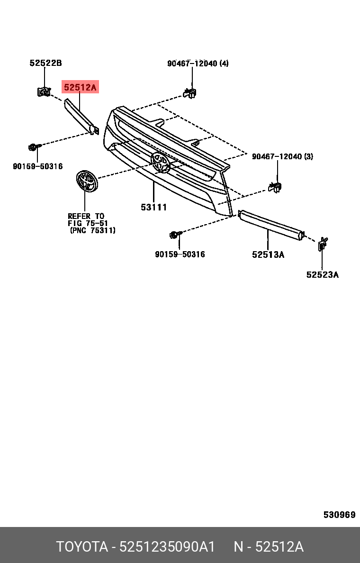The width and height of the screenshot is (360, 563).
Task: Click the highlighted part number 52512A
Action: (x=80, y=87)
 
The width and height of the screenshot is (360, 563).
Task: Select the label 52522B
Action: (x=45, y=63)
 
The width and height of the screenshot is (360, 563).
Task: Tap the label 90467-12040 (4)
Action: (x=198, y=64)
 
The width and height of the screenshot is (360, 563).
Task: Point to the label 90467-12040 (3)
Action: (x=282, y=157)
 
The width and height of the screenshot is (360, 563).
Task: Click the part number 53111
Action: (x=154, y=207)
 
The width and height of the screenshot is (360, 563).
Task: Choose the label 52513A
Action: (x=268, y=255)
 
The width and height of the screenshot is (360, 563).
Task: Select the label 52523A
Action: (x=322, y=274)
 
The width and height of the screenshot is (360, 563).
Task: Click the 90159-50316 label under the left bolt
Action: (x=38, y=166)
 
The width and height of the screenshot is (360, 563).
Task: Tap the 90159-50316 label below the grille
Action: (x=180, y=254)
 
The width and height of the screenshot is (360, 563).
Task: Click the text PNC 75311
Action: (x=93, y=230)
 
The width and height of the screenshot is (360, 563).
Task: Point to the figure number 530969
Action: (x=339, y=515)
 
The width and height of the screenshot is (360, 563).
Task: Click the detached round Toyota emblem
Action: (x=87, y=182)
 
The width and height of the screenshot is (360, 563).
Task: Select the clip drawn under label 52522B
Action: (x=44, y=91)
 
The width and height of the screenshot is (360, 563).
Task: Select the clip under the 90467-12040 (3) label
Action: (x=275, y=187)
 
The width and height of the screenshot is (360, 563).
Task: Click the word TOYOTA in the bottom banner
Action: (x=82, y=546)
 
